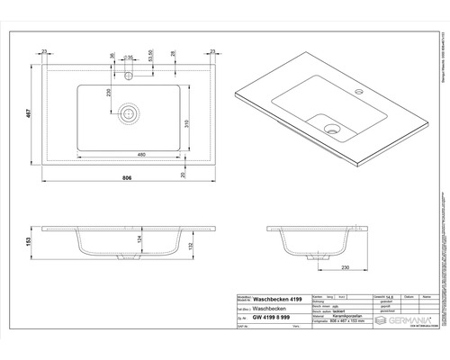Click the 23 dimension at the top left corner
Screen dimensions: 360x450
point(43,52)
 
